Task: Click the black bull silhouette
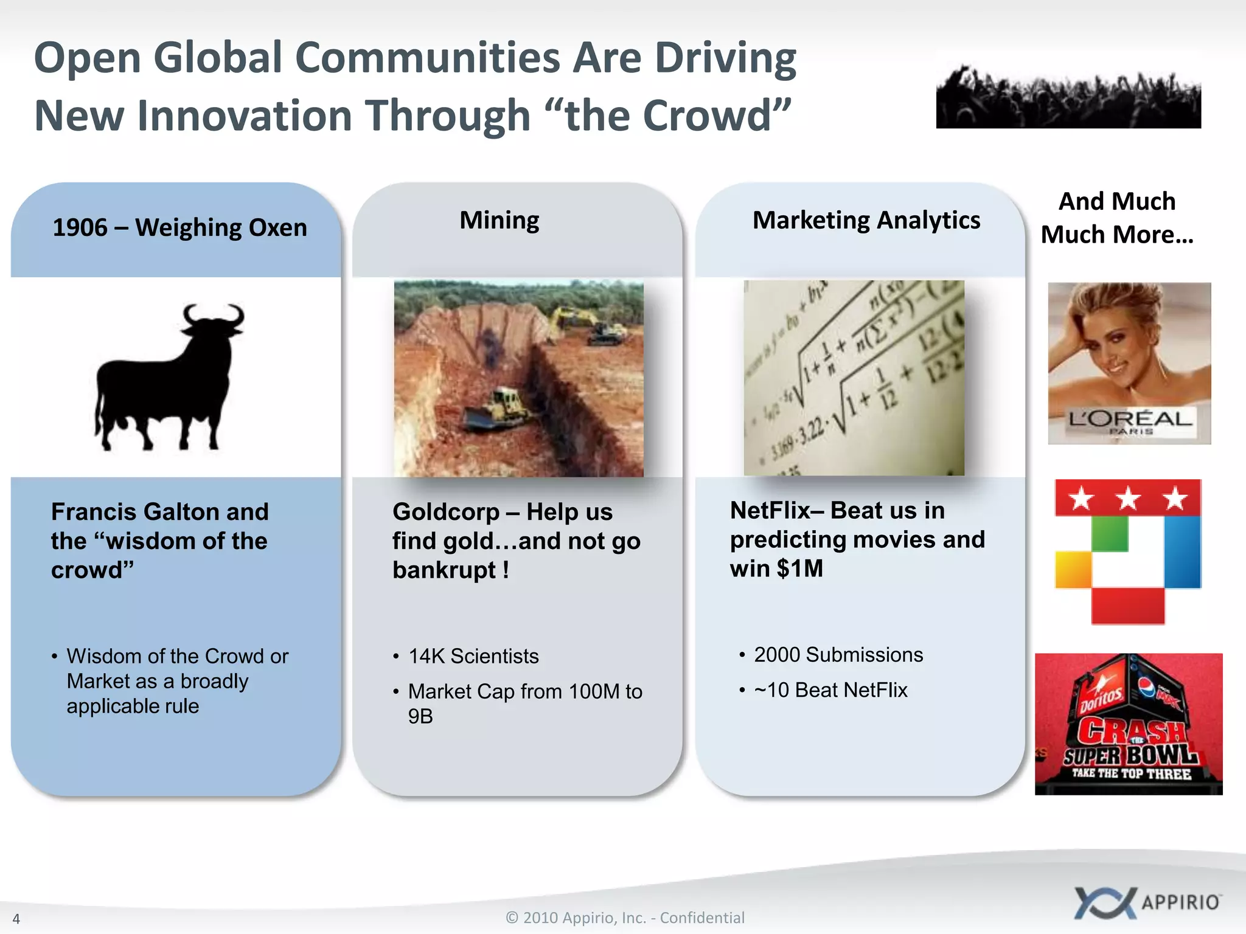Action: [x=167, y=380]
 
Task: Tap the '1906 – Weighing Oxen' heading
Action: [x=179, y=227]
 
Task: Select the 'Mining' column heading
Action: [x=499, y=220]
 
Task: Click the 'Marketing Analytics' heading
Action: [x=866, y=220]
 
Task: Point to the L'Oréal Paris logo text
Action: [x=1129, y=420]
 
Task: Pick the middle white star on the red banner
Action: [x=1128, y=499]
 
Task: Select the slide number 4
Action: [x=16, y=919]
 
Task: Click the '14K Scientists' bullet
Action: [x=473, y=657]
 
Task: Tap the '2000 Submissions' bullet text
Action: [x=838, y=655]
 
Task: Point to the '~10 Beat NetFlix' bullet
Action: [x=830, y=690]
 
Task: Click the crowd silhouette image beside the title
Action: [x=1068, y=97]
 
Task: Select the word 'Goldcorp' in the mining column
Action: [x=446, y=512]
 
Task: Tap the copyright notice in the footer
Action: [x=625, y=918]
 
